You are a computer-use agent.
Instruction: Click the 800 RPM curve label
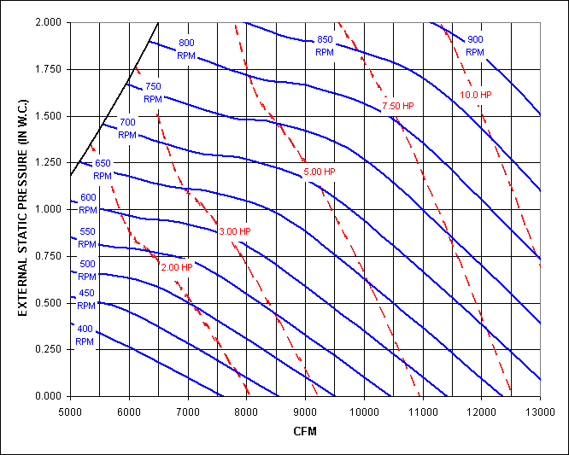186,49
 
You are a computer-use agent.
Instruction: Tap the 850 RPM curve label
325,46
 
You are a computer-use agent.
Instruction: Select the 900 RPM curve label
476,39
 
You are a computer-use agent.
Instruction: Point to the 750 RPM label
153,92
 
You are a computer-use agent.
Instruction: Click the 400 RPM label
85,335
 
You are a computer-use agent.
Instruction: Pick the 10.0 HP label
475,95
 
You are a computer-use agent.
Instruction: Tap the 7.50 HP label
398,106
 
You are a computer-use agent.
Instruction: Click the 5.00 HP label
320,172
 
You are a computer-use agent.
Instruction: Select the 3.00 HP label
235,231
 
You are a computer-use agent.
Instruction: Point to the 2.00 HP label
176,267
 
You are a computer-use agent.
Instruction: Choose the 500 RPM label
87,270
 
